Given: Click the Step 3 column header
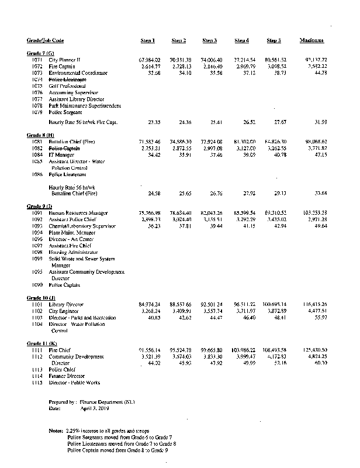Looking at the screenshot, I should click(x=209, y=40).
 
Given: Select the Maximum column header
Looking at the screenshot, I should click(x=312, y=40).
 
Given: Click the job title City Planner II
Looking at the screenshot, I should click(x=65, y=60).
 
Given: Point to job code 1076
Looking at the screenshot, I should click(x=37, y=92).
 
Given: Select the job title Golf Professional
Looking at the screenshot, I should click(x=68, y=85).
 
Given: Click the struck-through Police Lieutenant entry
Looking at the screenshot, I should click(x=67, y=79).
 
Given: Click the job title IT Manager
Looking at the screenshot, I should click(x=62, y=155).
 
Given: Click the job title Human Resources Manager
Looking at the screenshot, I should click(x=78, y=213).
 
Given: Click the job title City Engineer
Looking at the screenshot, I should click(x=64, y=311).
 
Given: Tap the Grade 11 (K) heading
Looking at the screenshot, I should click(x=41, y=343).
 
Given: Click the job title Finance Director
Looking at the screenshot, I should click(x=67, y=376).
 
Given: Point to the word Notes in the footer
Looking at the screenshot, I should click(x=57, y=431).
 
